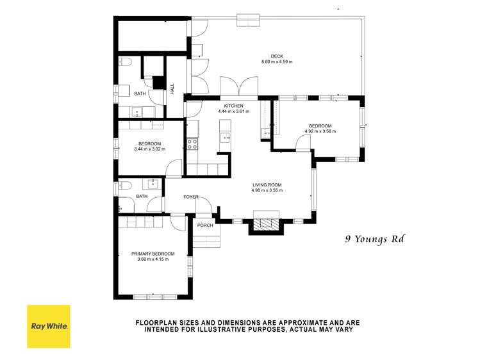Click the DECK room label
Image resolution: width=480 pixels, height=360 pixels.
point(277,56)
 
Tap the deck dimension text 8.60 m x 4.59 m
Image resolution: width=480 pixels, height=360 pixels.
point(277,62)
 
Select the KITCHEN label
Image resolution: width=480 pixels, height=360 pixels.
point(233,105)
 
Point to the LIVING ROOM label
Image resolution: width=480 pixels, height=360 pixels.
point(267,184)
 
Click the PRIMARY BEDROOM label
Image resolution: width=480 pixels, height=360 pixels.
point(153,254)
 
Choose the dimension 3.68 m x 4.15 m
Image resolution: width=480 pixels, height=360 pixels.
point(153,259)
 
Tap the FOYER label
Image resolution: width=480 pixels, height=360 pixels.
point(191,197)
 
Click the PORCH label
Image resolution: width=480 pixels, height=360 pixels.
point(205,225)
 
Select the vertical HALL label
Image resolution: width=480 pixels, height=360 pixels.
point(172,89)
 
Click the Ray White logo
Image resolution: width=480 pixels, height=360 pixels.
point(49,326)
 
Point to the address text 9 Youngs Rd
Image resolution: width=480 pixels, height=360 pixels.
point(376,240)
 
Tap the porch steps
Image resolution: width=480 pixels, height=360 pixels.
point(206,240)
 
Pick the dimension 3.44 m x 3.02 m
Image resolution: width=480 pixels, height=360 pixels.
point(149,149)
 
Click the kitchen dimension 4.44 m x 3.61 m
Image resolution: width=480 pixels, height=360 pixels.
point(233,111)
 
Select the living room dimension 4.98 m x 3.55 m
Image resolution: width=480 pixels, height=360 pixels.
point(267,190)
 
